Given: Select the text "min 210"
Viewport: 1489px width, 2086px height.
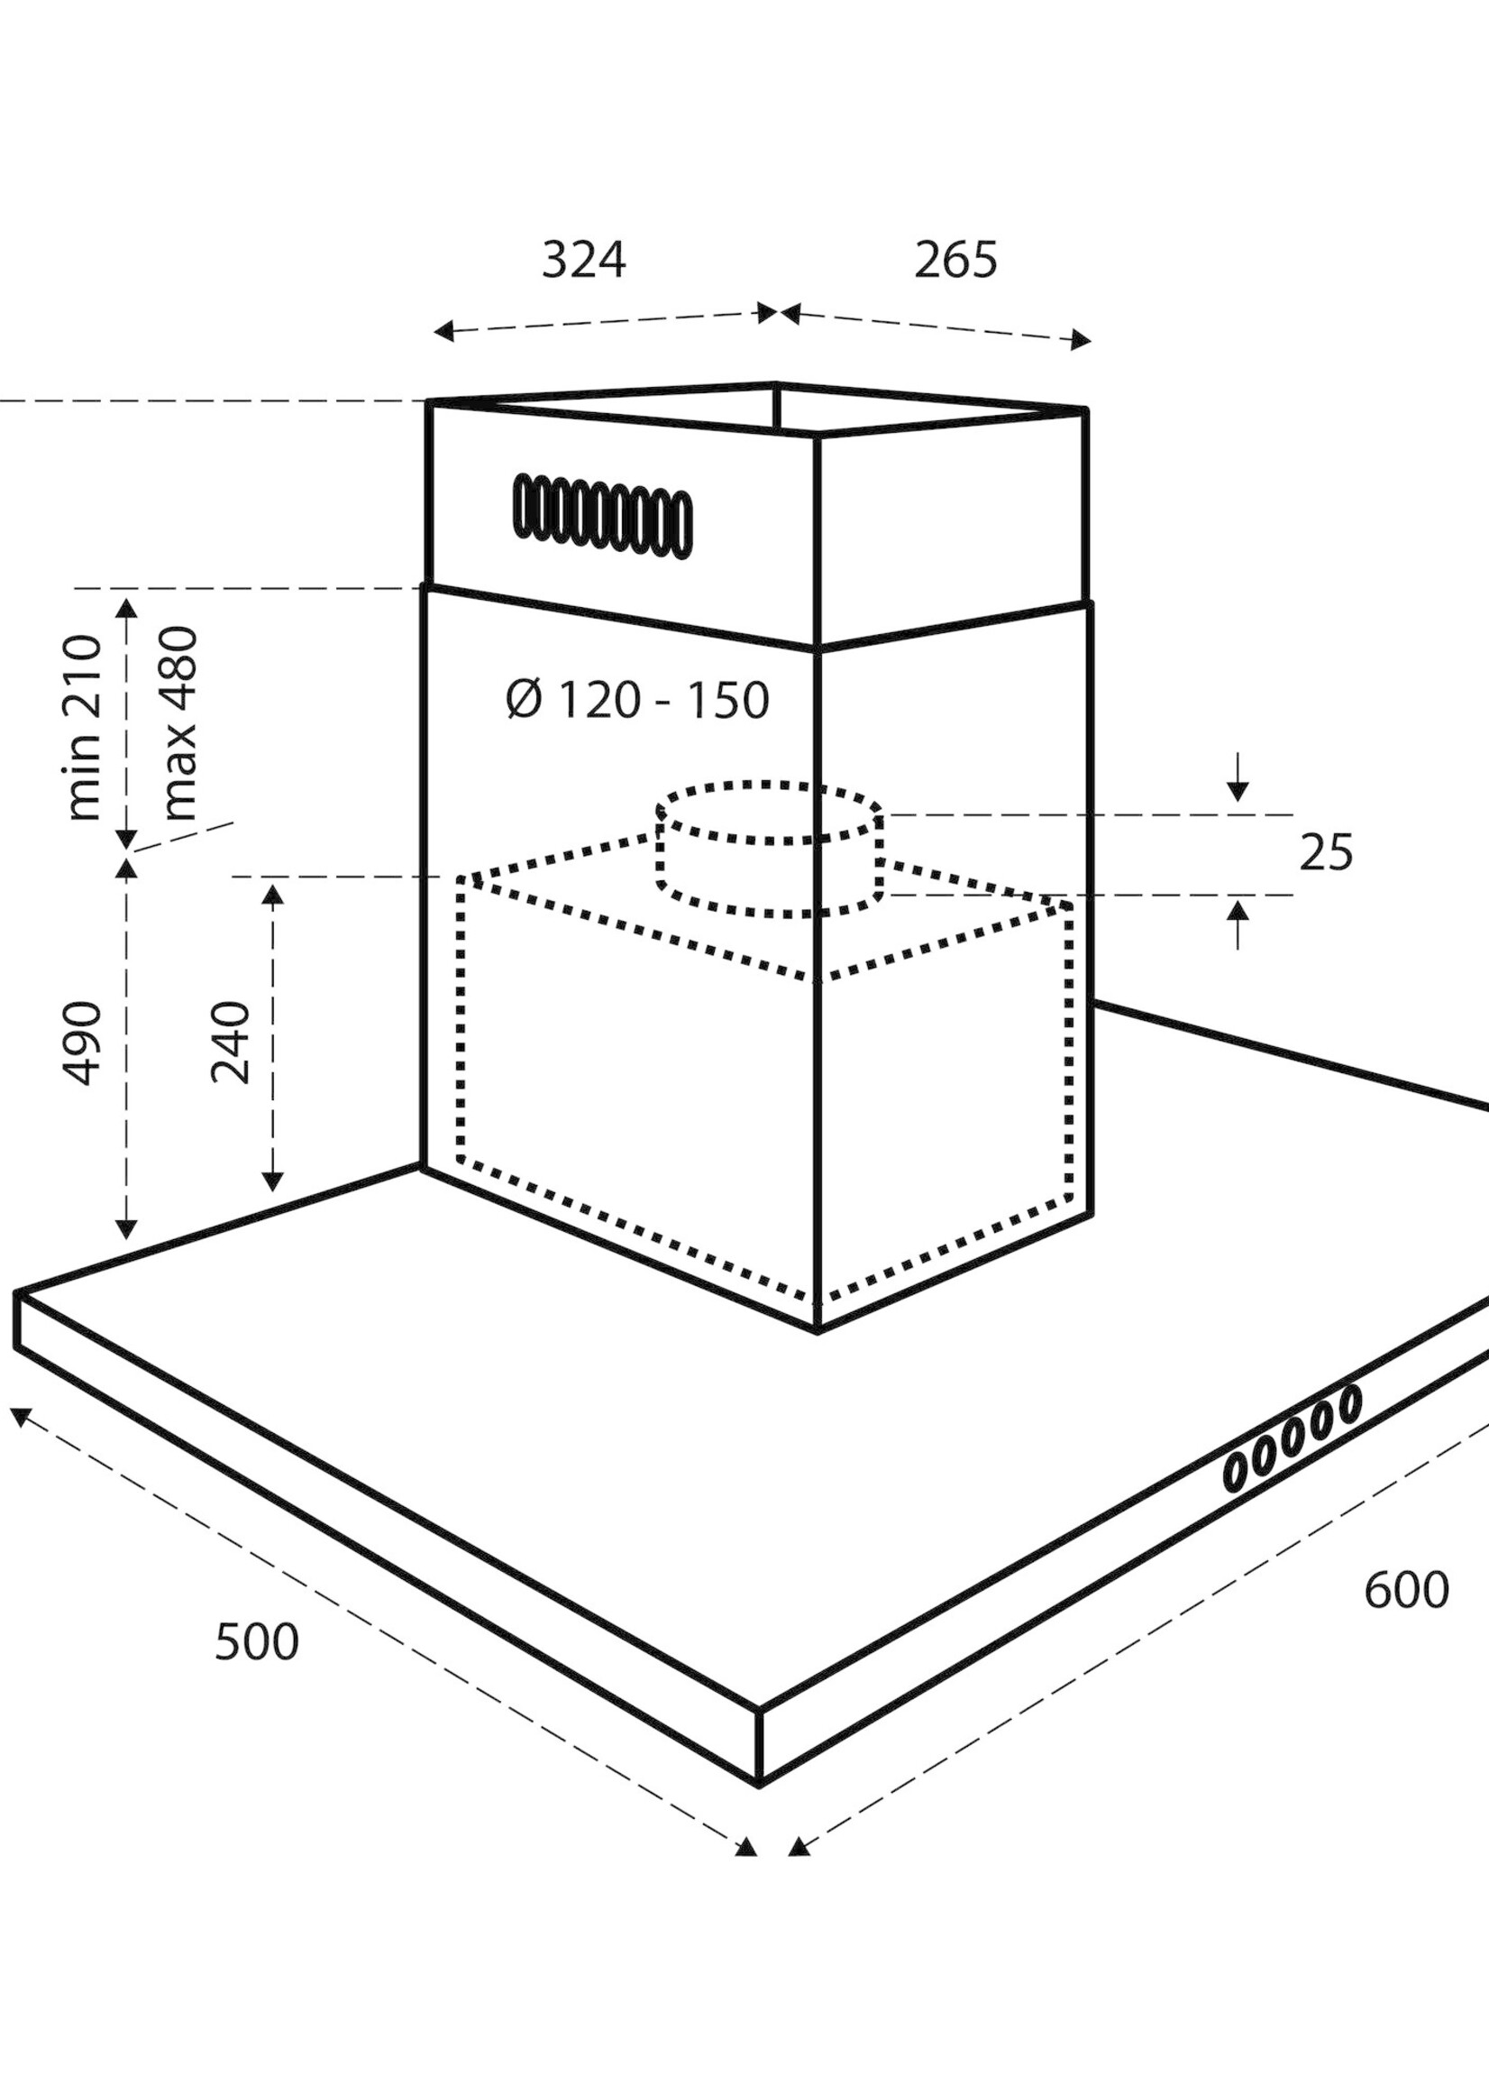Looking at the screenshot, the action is point(84,727).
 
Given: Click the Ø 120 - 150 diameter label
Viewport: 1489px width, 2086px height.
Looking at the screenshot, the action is point(637,701).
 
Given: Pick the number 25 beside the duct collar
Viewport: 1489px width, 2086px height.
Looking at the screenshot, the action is point(1325,853).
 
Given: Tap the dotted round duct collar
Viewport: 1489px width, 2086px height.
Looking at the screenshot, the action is point(770,850).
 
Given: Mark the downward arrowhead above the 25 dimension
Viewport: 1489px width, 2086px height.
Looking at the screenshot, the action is point(1238,790).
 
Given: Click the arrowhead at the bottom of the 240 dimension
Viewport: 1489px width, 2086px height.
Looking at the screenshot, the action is point(272,1180).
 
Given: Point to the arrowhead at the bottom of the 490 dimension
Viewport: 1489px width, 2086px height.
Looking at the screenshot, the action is point(126,1228).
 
